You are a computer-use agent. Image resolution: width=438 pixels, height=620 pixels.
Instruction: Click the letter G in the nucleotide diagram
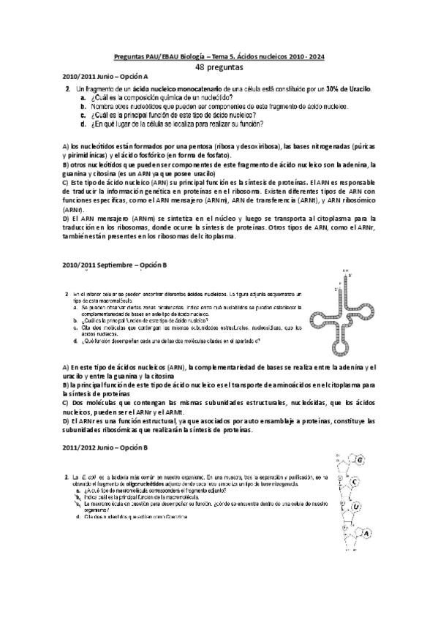point(360,459)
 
